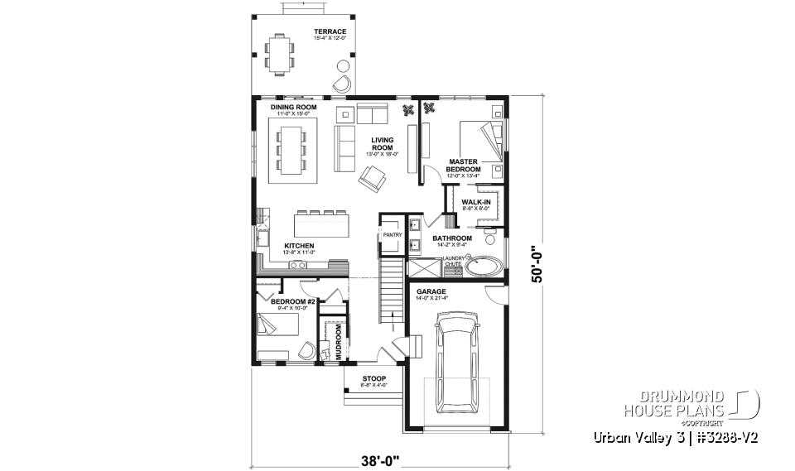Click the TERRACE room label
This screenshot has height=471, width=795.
coord(330,31)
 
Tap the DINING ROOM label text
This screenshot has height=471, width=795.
coord(293,108)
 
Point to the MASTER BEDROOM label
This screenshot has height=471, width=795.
coord(464,166)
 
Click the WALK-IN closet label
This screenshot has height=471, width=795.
coord(476,201)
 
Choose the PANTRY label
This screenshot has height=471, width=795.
coord(392,235)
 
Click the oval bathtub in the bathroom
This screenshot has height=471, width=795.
coord(484,267)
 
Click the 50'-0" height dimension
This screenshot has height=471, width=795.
coord(539,264)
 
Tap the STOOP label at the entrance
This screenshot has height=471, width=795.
coord(373,379)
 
